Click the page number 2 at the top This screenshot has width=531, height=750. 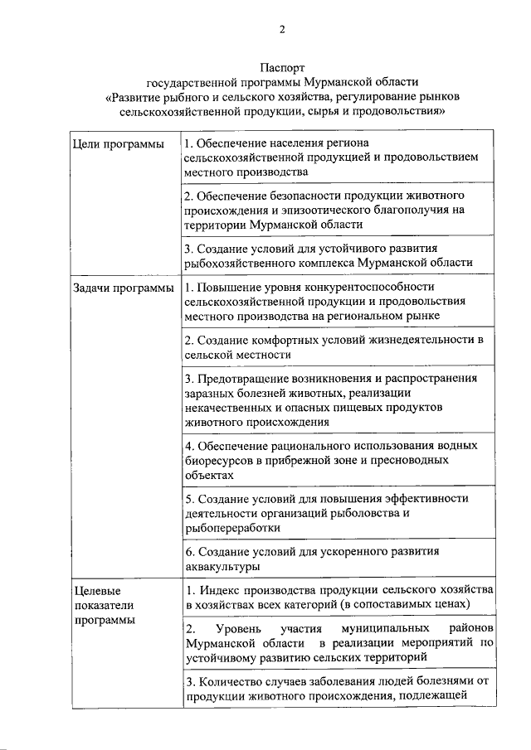tap(281, 30)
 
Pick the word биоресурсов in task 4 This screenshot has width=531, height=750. tap(217, 461)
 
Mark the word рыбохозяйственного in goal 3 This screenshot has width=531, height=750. tap(241, 262)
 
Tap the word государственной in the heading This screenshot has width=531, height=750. tap(196, 83)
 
